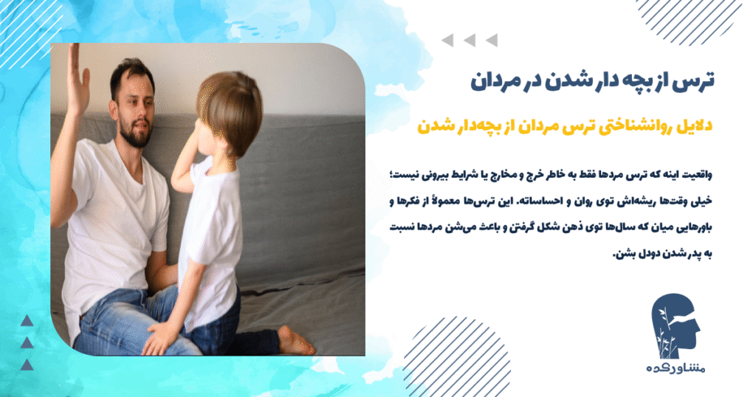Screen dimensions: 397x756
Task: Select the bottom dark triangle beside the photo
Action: point(27,365)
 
